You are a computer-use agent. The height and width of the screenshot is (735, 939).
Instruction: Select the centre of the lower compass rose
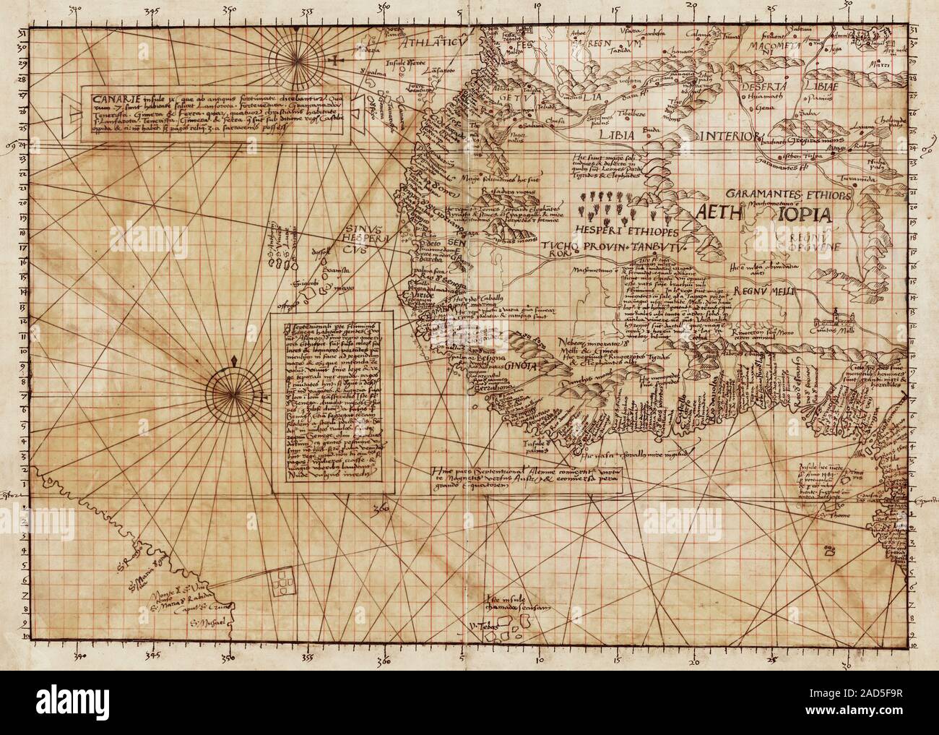[x=237, y=391]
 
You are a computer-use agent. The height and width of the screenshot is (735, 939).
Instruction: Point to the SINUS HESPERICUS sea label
[x=359, y=236]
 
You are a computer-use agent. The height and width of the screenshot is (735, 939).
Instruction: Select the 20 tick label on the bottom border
[x=694, y=660]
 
